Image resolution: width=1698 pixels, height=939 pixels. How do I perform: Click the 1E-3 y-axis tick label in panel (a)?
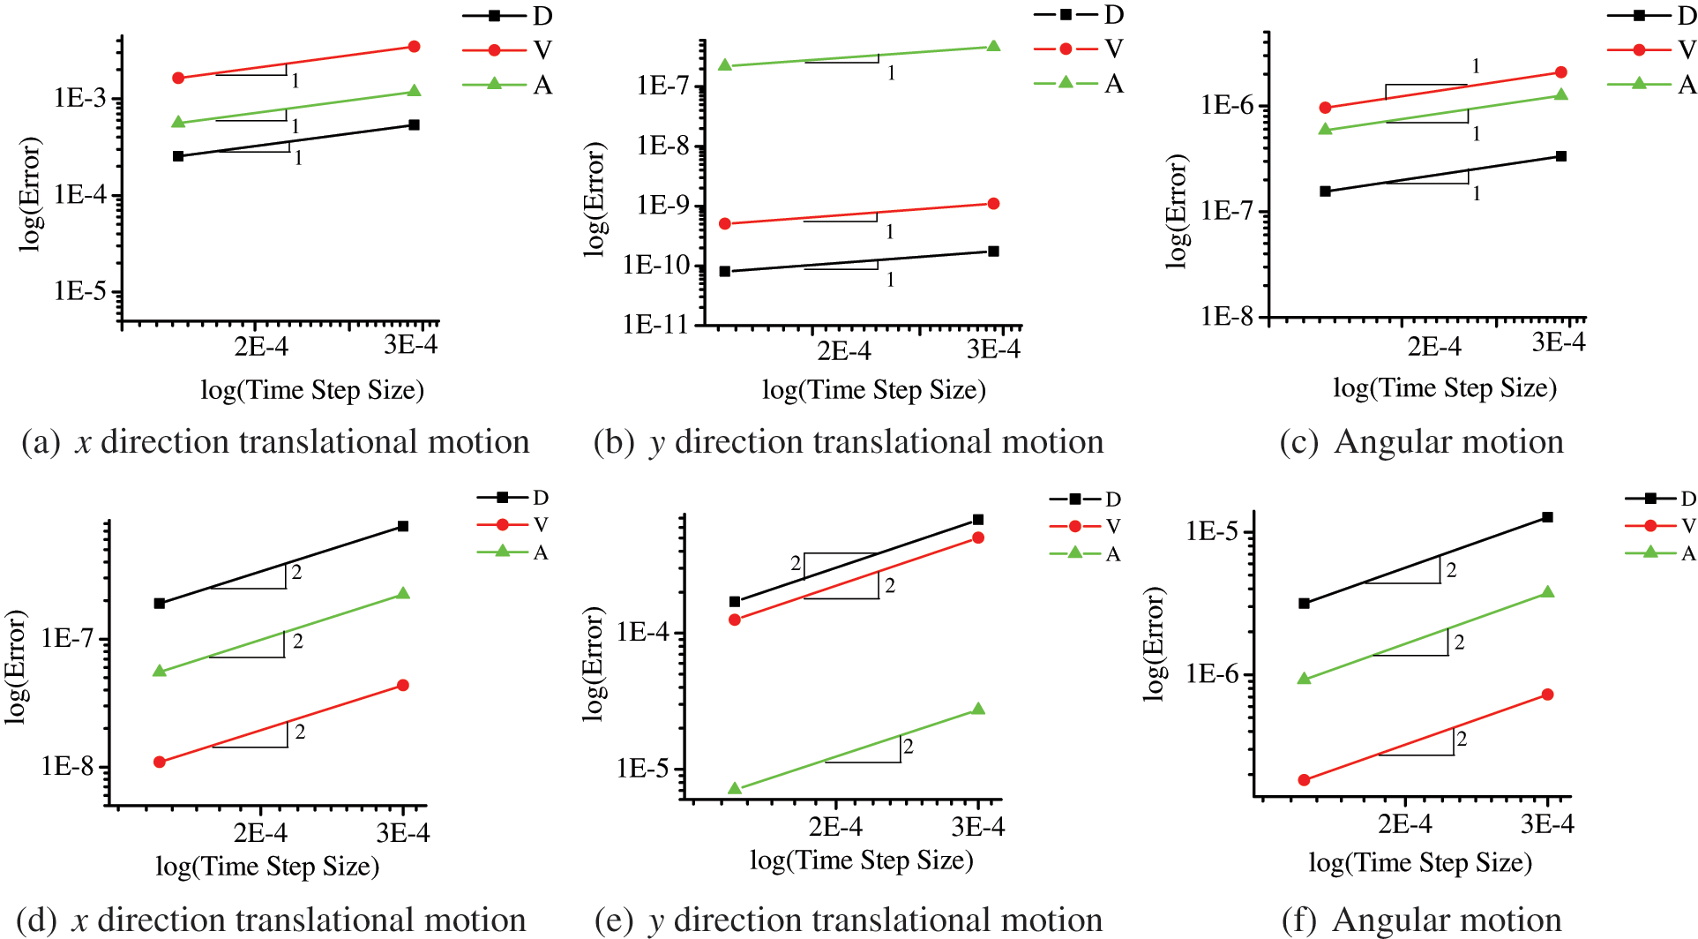coord(79,98)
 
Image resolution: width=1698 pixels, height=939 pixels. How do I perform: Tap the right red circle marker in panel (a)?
coord(415,46)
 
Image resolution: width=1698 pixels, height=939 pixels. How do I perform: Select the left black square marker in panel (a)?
coord(178,156)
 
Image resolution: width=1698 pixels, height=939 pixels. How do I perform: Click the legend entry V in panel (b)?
coord(1113,49)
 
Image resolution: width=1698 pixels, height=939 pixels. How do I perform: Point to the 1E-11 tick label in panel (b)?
coord(655,325)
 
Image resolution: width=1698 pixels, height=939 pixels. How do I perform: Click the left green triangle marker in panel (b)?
coord(725,65)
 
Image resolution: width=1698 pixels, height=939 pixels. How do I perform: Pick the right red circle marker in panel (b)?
coord(993,204)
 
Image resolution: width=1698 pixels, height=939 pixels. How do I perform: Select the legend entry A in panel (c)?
coord(1687,85)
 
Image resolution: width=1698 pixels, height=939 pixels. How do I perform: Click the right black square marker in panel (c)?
coord(1561,156)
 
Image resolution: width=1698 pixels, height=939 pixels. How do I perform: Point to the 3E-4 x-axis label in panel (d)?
coord(403,832)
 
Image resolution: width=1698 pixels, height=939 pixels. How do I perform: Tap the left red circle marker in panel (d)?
coord(160,762)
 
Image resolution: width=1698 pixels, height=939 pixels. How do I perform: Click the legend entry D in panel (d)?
coord(540,498)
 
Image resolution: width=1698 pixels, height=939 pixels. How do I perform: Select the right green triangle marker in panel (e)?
coord(978,709)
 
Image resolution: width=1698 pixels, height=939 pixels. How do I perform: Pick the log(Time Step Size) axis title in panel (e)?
coord(861,860)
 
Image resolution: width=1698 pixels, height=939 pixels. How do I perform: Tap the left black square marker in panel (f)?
coord(1305,604)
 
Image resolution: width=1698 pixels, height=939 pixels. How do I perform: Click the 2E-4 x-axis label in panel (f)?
coord(1405,824)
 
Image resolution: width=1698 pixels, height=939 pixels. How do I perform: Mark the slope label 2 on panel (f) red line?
coord(1462,739)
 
